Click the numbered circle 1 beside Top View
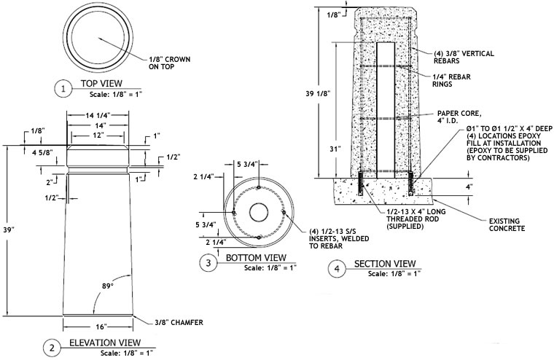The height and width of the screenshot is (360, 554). pos(64,89)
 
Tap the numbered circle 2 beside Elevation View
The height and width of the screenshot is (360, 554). pos(51,348)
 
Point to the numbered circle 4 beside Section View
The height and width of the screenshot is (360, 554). pos(337,269)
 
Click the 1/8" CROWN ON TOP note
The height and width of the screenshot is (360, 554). pos(170,62)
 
